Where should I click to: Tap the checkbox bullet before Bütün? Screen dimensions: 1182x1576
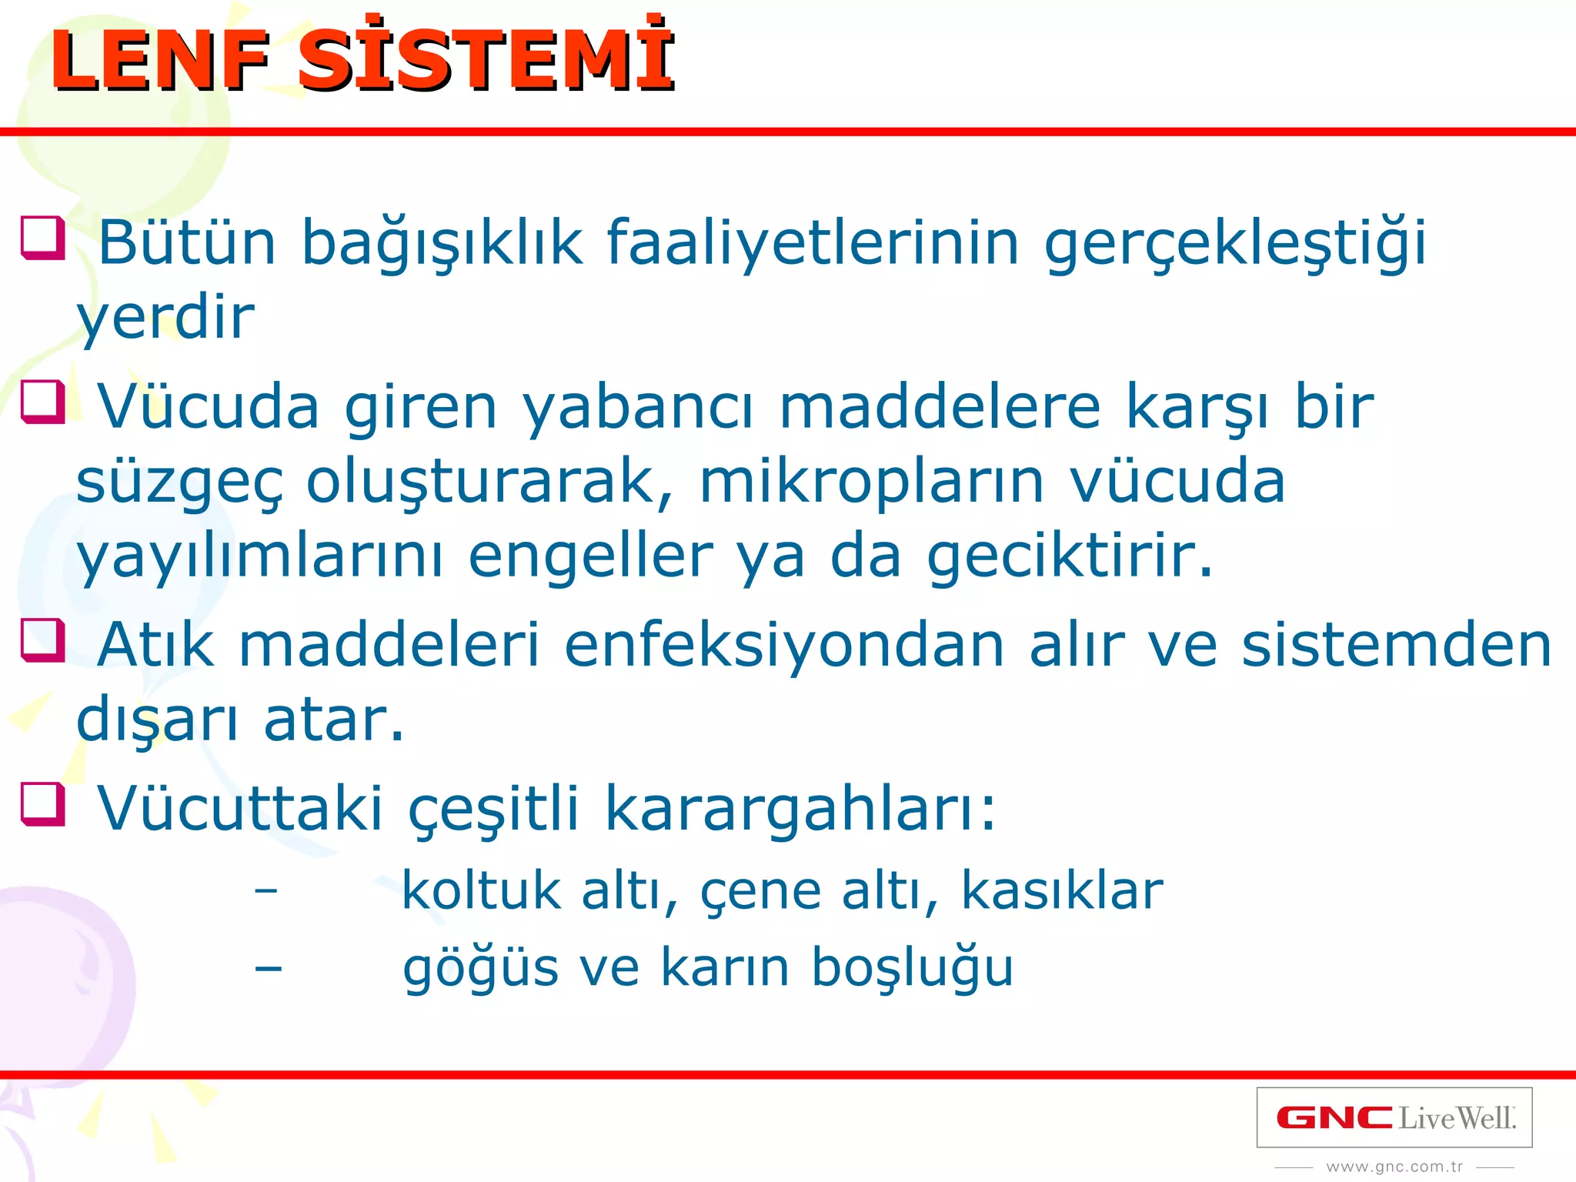pyautogui.click(x=43, y=238)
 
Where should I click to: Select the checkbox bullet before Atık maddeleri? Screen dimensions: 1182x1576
pyautogui.click(x=43, y=640)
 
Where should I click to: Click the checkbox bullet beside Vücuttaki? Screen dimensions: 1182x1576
pyautogui.click(x=43, y=804)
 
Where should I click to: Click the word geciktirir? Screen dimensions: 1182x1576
pyautogui.click(x=1070, y=558)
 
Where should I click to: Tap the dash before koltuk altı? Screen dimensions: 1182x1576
pyautogui.click(x=266, y=891)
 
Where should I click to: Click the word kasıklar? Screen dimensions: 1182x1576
pyautogui.click(x=1062, y=891)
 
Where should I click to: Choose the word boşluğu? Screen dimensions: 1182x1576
pyautogui.click(x=912, y=968)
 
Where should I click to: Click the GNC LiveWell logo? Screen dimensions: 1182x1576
pyautogui.click(x=1394, y=1118)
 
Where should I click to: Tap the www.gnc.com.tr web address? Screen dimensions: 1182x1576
pyautogui.click(x=1394, y=1167)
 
